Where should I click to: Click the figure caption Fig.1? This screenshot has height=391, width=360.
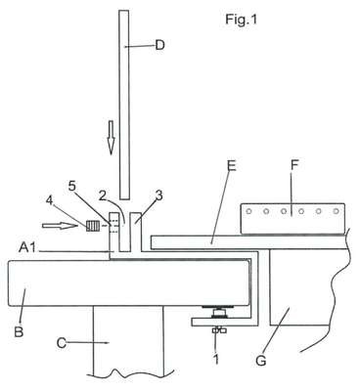click(241, 21)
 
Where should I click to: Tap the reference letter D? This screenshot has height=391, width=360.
click(159, 45)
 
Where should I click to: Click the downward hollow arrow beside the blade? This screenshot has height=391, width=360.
click(112, 138)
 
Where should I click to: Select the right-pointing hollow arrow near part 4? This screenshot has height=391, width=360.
click(61, 226)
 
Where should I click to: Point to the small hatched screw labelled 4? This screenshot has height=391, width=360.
click(92, 226)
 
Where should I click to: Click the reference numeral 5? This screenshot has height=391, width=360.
click(71, 187)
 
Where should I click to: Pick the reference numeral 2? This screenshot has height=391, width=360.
click(103, 195)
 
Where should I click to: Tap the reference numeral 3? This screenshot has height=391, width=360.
click(158, 195)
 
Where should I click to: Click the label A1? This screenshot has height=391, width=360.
click(27, 248)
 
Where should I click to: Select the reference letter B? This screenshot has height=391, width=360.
click(19, 332)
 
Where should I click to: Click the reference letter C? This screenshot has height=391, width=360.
click(62, 343)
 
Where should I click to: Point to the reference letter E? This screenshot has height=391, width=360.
click(232, 166)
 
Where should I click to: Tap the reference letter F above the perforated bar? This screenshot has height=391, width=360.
click(294, 165)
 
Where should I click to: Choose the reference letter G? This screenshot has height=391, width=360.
click(261, 361)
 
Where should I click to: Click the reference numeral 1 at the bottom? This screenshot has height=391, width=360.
click(216, 359)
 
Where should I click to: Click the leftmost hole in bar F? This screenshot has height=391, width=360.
click(249, 211)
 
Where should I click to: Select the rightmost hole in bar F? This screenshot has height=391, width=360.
click(336, 211)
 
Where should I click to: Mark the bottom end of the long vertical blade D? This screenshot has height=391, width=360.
click(124, 199)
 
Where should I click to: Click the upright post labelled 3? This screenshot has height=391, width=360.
click(136, 232)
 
